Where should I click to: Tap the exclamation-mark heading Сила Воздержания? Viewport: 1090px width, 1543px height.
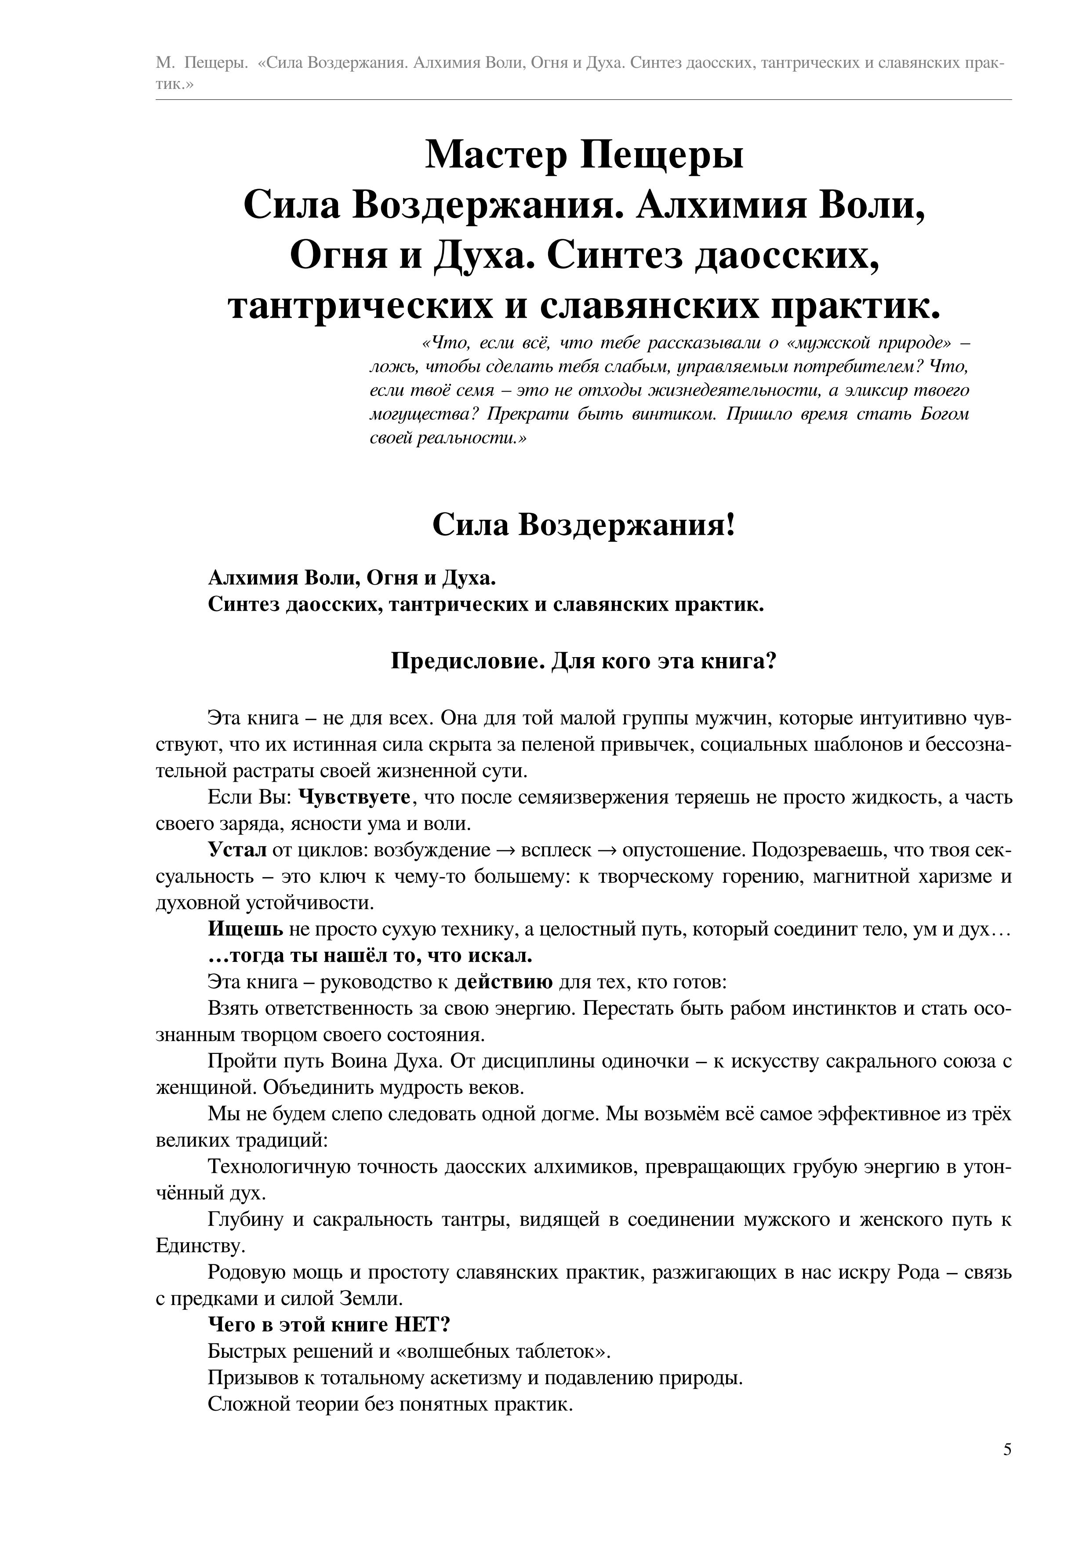pos(584,524)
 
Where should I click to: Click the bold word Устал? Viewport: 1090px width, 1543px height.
pos(237,850)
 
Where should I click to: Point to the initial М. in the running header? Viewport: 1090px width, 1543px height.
pos(164,63)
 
